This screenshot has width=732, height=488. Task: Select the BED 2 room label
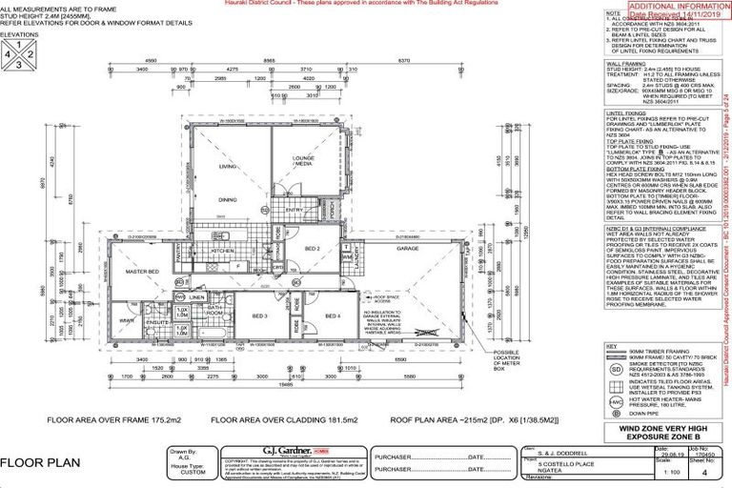[x=311, y=249]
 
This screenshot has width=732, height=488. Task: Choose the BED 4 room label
[x=333, y=315]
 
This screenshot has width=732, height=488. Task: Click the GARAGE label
[x=408, y=249]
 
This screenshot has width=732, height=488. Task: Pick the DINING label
[x=227, y=199]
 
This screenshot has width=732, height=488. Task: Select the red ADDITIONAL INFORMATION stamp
[x=663, y=10]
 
